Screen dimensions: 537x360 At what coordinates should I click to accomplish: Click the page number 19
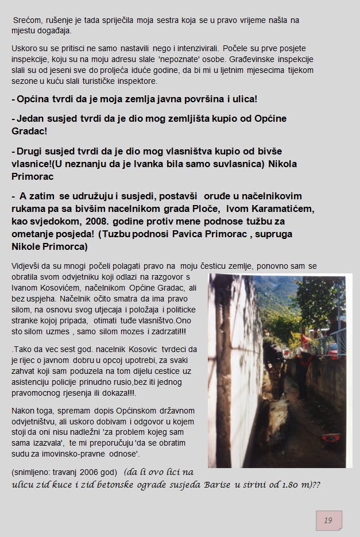point(328,520)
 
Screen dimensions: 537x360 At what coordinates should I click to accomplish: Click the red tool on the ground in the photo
point(331,438)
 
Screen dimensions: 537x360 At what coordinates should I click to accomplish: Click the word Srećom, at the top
point(26,20)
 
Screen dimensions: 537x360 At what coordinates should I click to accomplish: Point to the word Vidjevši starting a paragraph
point(28,266)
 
